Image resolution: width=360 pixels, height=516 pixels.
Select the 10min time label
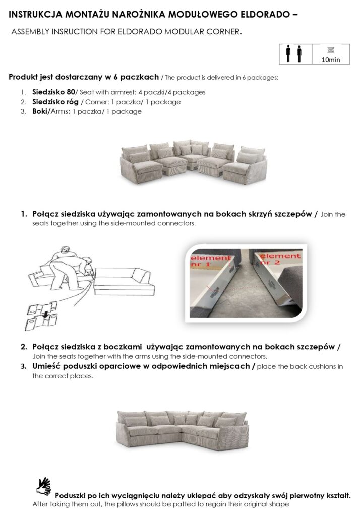tap(330, 59)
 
